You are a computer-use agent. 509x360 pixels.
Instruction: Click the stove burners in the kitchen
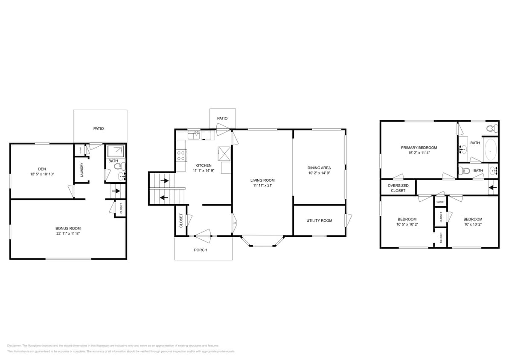click(x=180, y=155)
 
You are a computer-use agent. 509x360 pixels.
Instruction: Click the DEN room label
click(x=42, y=169)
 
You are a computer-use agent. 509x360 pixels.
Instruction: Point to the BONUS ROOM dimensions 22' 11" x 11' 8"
click(x=68, y=233)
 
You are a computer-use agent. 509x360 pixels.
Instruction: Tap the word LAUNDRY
click(x=82, y=170)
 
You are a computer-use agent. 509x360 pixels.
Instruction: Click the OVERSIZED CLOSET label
click(x=398, y=188)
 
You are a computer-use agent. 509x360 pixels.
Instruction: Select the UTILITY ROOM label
click(x=319, y=221)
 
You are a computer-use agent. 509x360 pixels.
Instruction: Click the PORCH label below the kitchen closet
click(x=201, y=250)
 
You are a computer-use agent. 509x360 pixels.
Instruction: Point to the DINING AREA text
click(x=319, y=168)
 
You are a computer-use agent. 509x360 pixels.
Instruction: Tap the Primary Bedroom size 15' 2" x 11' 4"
click(x=419, y=153)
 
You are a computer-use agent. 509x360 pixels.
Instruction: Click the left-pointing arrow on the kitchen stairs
click(x=164, y=197)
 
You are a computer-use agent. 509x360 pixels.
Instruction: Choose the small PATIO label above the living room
click(x=222, y=118)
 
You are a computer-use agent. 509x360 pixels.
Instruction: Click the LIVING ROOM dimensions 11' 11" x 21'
click(x=262, y=186)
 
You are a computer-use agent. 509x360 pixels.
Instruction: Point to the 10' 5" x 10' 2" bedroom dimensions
click(x=407, y=224)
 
